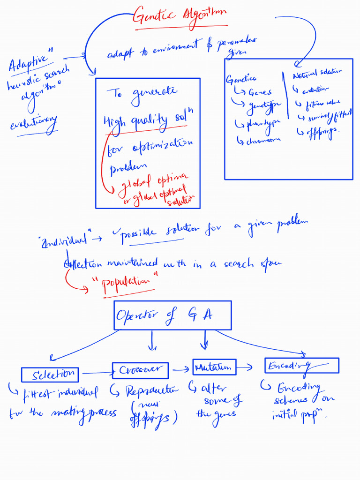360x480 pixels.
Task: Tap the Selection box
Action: coord(50,375)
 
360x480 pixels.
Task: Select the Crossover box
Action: coord(139,370)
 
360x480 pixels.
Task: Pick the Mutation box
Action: coord(214,367)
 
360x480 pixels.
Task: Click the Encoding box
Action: coord(301,365)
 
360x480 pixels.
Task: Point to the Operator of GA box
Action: coord(172,315)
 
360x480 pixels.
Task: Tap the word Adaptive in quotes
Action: coord(29,64)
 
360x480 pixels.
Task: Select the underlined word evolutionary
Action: coord(33,124)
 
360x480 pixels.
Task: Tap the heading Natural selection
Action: coord(317,73)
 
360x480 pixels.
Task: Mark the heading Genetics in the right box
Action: coord(241,79)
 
